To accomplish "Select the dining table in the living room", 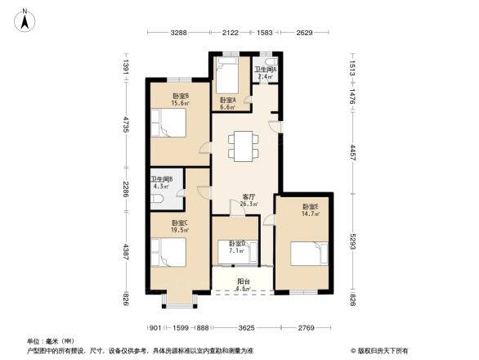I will click(242, 146).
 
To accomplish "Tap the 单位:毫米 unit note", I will click(50, 340).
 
